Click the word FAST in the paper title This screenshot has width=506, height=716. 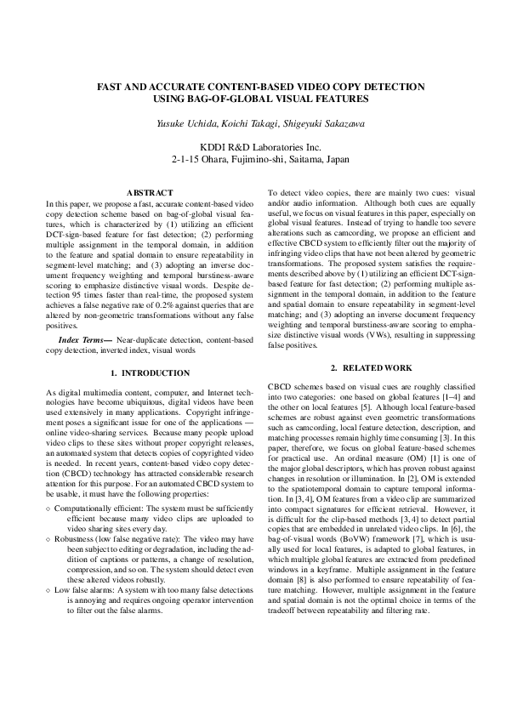click(110, 87)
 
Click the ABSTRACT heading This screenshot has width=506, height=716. click(149, 193)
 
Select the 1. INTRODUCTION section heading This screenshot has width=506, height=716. click(150, 373)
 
